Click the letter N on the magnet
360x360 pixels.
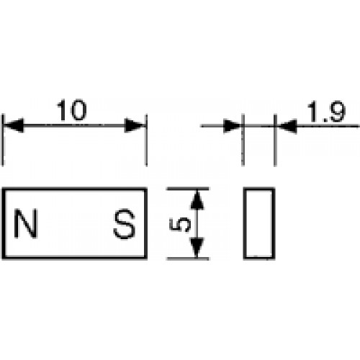tap(25, 223)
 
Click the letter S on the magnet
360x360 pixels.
tap(125, 224)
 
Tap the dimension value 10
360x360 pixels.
tap(71, 110)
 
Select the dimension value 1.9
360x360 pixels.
tap(327, 112)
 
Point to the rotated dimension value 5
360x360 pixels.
tap(180, 224)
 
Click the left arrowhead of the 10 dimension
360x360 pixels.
tap(14, 125)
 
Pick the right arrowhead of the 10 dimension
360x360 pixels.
tap(135, 125)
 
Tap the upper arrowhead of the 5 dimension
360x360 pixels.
tap(197, 199)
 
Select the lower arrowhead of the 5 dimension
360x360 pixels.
tap(197, 248)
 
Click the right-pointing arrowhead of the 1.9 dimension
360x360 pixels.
tap(232, 125)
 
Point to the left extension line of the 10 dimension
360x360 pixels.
tap(3, 140)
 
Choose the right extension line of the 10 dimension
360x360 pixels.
tap(146, 140)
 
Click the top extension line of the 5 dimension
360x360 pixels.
tap(188, 189)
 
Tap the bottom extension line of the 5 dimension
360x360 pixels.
tap(188, 258)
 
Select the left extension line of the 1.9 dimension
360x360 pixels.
tap(243, 140)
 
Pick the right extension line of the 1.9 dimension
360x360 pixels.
tap(275, 140)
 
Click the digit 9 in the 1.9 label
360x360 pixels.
tap(337, 112)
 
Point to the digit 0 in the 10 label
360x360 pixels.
tap(78, 110)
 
